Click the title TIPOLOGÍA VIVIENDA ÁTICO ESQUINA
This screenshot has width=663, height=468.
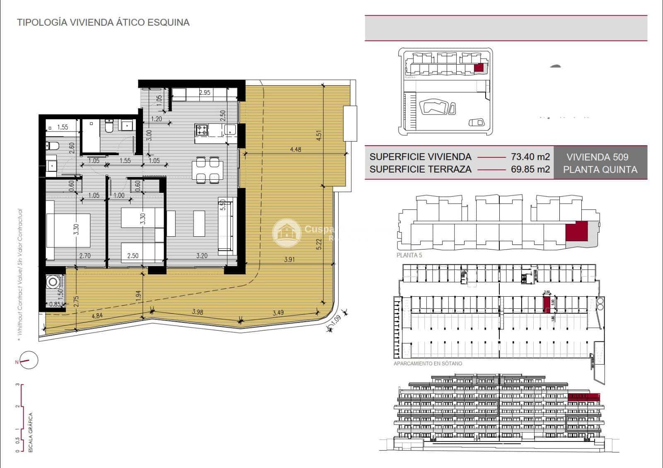[103, 23]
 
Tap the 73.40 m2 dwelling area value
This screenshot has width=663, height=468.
[530, 157]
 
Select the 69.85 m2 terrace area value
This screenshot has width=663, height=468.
[530, 169]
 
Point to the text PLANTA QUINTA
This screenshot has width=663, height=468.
[600, 170]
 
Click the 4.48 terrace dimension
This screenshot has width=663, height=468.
[295, 149]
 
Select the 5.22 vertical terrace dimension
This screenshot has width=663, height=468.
[319, 244]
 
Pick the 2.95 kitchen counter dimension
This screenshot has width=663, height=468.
[205, 92]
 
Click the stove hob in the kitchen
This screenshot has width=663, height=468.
[202, 130]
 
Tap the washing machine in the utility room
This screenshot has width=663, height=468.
[53, 283]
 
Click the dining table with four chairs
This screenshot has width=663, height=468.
[208, 170]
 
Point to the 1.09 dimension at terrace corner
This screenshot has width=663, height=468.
[337, 319]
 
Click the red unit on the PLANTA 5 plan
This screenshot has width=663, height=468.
[576, 232]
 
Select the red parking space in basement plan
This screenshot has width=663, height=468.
[547, 304]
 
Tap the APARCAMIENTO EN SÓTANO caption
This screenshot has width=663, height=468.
[428, 364]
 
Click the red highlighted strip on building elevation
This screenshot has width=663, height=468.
[583, 397]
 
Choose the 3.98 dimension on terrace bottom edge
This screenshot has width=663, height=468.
[198, 312]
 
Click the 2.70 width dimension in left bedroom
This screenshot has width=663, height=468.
[85, 256]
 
